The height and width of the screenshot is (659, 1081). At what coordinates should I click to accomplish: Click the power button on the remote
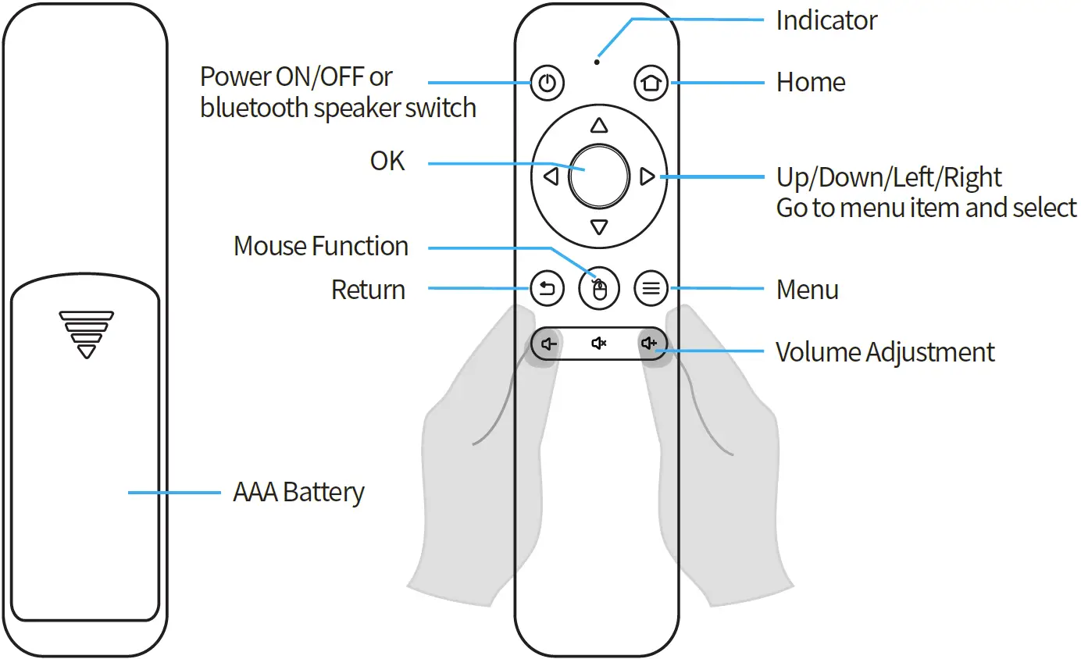point(548,83)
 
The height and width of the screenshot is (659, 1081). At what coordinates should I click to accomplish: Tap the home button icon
point(651,83)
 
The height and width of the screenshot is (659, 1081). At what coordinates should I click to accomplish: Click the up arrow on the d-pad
point(599,126)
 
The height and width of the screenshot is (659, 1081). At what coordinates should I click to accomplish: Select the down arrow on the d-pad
point(599,227)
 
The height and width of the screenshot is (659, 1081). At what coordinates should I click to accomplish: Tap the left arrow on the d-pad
point(551,177)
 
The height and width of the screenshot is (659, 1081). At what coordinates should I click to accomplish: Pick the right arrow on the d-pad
point(647,177)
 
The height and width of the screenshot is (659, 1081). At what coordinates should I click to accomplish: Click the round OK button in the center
point(599,176)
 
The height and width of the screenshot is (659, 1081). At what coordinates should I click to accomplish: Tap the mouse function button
point(599,290)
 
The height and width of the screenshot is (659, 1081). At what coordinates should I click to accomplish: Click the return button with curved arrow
point(548,290)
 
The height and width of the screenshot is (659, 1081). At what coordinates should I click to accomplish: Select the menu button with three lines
point(651,290)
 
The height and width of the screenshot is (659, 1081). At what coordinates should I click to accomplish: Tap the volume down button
point(550,344)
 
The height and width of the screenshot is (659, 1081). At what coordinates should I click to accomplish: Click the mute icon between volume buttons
point(599,344)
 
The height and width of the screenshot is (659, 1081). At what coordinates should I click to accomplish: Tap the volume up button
point(649,344)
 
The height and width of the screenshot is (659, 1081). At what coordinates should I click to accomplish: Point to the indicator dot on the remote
point(598,61)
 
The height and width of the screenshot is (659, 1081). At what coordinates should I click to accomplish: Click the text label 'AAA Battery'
point(298,493)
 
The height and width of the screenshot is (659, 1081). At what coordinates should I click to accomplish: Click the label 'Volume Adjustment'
point(885,352)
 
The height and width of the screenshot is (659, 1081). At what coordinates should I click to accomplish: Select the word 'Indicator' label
point(826,20)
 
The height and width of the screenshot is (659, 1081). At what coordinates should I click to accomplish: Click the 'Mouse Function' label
point(321,247)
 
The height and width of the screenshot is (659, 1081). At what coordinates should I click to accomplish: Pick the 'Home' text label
point(811,83)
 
